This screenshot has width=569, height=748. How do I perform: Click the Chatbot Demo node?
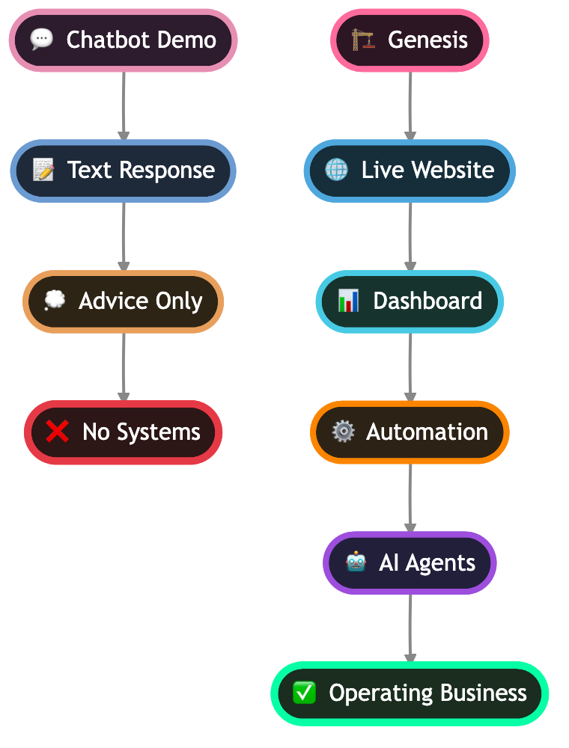tap(124, 40)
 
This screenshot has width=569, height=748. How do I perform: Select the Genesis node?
tap(410, 40)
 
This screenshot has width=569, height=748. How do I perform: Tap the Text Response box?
tap(124, 171)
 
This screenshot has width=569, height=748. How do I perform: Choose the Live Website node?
tap(410, 171)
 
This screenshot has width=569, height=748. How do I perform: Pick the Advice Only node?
tap(124, 301)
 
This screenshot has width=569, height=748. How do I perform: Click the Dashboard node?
tap(410, 301)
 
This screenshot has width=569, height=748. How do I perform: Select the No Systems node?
tap(124, 432)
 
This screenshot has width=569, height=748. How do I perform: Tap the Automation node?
tap(410, 432)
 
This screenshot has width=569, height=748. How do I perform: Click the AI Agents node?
tap(410, 563)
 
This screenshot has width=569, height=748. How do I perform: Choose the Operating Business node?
tap(410, 693)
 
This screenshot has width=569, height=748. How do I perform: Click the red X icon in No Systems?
tap(58, 432)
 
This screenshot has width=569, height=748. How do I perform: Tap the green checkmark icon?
tap(304, 693)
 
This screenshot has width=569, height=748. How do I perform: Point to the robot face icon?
tap(356, 562)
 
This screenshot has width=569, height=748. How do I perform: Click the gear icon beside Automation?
tap(343, 432)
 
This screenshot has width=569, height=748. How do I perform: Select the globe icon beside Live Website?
tap(337, 170)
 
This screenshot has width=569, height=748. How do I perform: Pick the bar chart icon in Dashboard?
tap(348, 301)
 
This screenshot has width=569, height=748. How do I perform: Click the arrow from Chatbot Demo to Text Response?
tap(124, 105)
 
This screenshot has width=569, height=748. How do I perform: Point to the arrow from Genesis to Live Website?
tap(410, 105)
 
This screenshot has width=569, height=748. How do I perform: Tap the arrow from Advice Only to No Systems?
tap(124, 367)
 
